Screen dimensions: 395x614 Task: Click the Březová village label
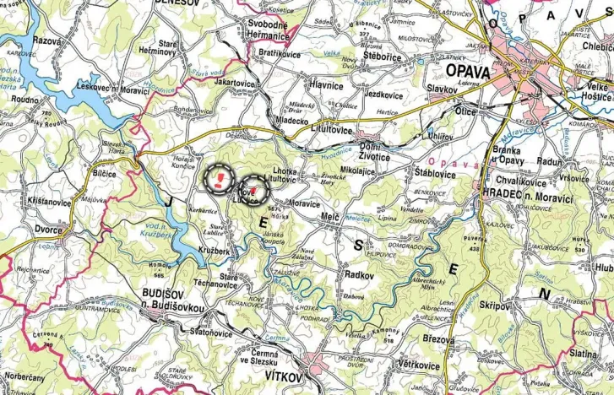click(439, 338)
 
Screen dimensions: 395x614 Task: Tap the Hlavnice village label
click(326, 85)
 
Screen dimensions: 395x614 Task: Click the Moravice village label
click(304, 204)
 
